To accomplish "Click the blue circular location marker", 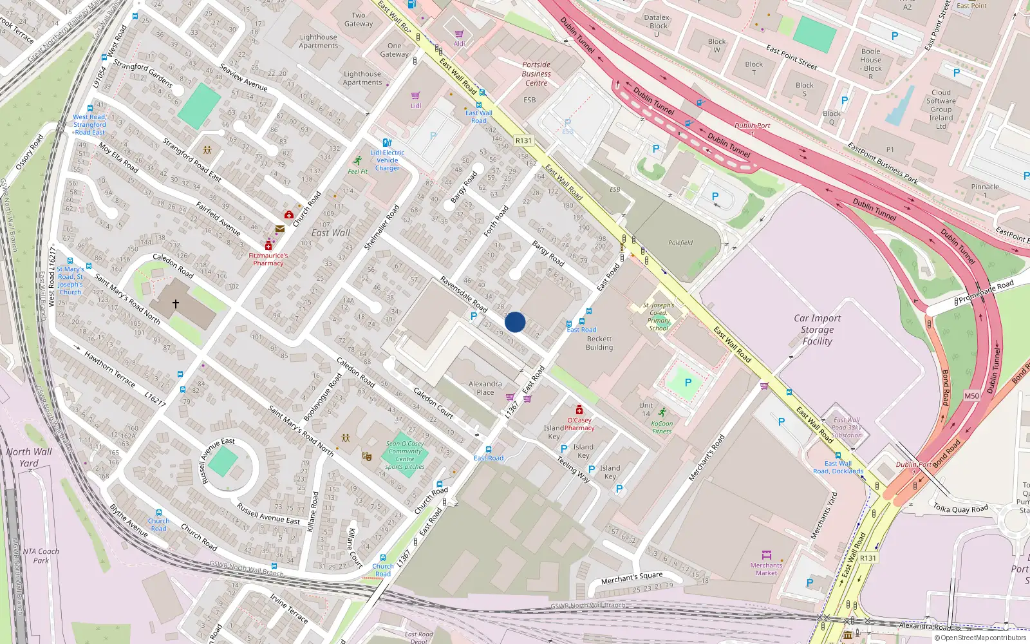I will point(515,322).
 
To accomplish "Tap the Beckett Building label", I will point(599,343).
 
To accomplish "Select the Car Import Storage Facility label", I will point(817,330).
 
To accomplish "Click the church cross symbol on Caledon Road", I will point(175,303).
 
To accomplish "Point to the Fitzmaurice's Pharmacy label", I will point(268,259).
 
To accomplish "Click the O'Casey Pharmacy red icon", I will point(579,410).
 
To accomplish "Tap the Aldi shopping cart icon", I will point(459,34).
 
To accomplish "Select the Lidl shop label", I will point(416,106).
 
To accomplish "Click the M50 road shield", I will point(971,396).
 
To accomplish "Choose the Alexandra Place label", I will point(485,388).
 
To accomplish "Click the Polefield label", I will point(680,243).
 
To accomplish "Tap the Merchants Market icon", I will point(766,555).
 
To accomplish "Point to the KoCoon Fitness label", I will point(662,428).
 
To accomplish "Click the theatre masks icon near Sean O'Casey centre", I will point(367,457).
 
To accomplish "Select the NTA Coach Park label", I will point(41,556).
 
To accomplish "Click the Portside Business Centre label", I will point(536,73).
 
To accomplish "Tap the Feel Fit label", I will point(357,171).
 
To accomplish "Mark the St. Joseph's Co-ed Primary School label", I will point(659,316).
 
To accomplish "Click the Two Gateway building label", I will point(359,19).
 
